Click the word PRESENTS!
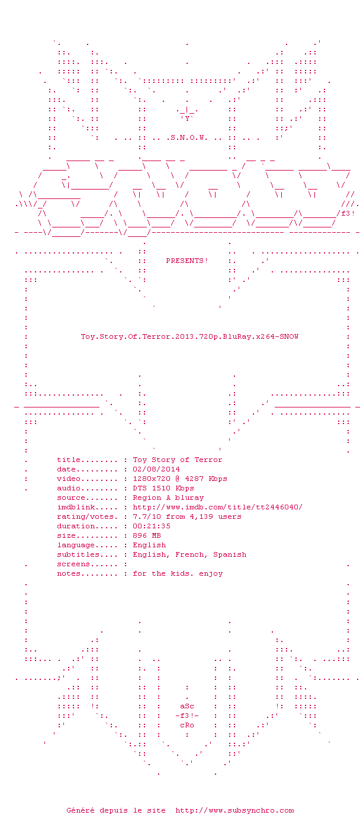(x=187, y=261)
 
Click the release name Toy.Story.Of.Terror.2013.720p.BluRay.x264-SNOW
(x=189, y=336)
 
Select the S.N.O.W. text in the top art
(x=189, y=137)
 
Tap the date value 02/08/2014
(x=156, y=469)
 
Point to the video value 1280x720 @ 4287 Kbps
(x=180, y=479)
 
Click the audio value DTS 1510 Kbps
(x=163, y=488)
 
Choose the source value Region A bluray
(x=168, y=498)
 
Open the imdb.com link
(x=217, y=507)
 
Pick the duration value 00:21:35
(x=151, y=526)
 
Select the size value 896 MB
(x=146, y=535)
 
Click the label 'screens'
(x=73, y=564)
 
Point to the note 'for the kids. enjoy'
(x=178, y=574)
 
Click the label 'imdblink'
(x=76, y=507)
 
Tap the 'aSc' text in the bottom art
(x=187, y=706)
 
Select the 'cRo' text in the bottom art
(x=187, y=725)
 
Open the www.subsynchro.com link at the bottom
(x=234, y=810)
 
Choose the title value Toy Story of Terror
(x=178, y=460)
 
